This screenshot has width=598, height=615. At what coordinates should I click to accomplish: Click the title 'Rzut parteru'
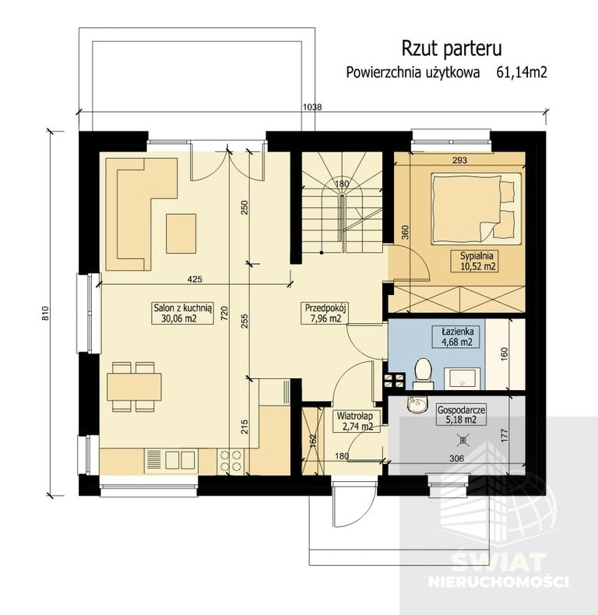click(x=452, y=48)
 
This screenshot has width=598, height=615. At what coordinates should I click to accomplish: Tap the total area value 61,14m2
click(x=522, y=72)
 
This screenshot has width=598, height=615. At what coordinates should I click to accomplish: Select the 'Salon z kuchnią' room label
click(x=182, y=307)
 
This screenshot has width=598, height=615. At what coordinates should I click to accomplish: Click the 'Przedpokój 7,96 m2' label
click(x=325, y=313)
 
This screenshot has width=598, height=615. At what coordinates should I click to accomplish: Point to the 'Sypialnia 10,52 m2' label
click(x=477, y=262)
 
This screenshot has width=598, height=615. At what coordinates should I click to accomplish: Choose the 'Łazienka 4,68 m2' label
click(x=457, y=336)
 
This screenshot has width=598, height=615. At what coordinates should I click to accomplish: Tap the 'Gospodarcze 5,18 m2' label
click(x=461, y=415)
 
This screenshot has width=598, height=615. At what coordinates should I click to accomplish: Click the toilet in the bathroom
click(x=423, y=373)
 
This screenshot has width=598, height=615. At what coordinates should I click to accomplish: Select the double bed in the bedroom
click(x=476, y=207)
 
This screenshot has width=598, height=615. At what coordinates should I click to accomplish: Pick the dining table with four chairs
click(x=134, y=387)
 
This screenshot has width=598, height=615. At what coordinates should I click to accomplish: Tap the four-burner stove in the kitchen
click(x=230, y=461)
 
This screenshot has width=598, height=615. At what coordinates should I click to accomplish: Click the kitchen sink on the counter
click(x=171, y=460)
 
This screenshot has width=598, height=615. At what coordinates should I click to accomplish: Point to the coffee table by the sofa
click(x=181, y=234)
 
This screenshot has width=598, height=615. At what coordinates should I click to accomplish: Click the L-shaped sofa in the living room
click(x=141, y=214)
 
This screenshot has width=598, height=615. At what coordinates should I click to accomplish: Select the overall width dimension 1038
click(x=312, y=107)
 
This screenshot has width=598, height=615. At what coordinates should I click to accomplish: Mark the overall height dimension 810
click(x=46, y=314)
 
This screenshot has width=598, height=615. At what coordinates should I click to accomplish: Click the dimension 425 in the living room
click(x=195, y=279)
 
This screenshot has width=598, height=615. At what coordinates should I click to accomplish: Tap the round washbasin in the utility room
click(x=418, y=405)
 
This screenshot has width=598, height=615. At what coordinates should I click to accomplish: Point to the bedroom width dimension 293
click(x=459, y=160)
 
